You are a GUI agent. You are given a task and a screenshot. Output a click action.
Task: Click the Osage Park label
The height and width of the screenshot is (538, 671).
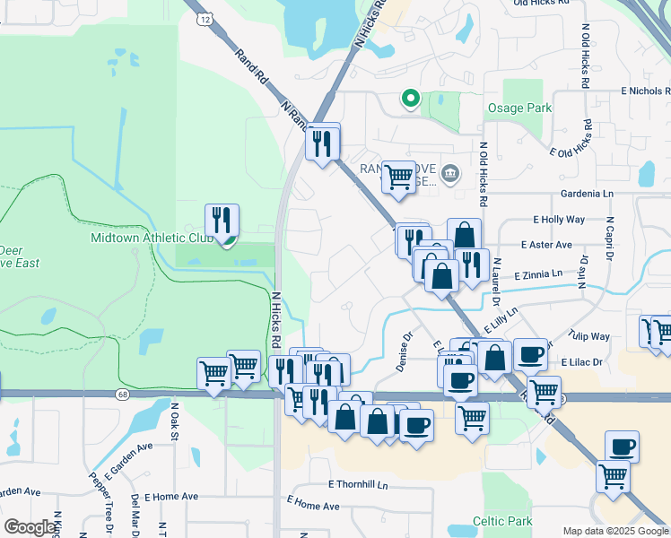519,108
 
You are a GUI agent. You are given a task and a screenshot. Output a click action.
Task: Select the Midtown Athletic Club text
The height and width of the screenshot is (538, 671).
152,238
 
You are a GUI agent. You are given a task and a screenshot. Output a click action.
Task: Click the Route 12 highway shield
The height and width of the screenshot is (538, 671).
206,18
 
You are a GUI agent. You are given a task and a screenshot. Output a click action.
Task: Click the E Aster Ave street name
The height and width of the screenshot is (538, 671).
546,245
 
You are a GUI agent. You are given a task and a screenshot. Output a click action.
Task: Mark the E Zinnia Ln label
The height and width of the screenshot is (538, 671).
536,273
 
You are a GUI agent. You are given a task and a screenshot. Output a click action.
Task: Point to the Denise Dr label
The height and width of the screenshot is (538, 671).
404,354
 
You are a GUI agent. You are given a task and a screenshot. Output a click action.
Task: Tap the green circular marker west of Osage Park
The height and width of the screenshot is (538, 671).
410,98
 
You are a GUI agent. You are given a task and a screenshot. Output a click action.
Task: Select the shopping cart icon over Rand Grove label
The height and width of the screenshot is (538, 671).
398,176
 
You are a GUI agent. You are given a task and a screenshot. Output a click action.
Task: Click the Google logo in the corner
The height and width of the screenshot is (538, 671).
30,526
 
